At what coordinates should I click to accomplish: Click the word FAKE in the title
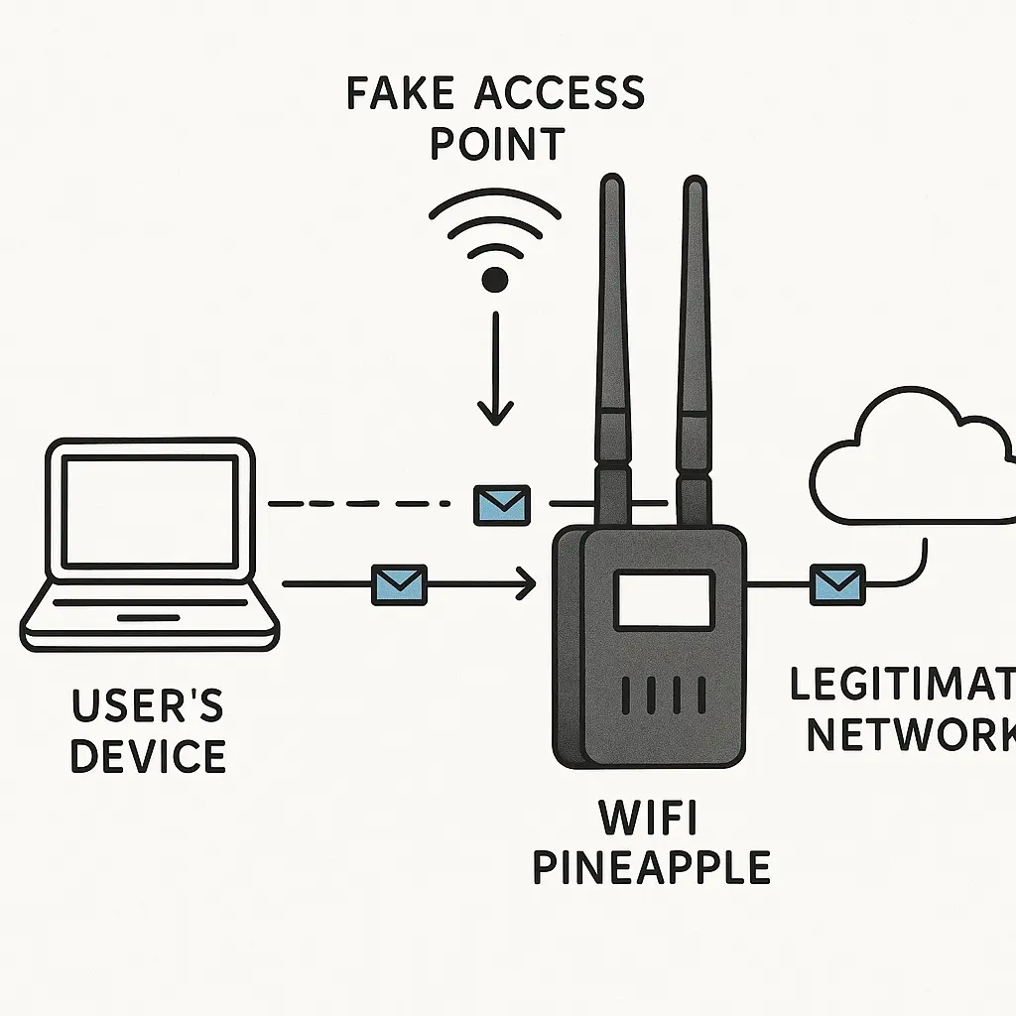click(400, 93)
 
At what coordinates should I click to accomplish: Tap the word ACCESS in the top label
click(560, 93)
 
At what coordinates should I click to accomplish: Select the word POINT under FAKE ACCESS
click(498, 144)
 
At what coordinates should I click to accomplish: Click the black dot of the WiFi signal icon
click(495, 280)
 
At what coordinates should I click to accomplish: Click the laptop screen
click(150, 510)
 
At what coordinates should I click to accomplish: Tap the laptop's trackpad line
click(149, 618)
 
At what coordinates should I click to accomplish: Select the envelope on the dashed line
click(502, 505)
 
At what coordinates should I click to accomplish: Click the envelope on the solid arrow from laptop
click(399, 585)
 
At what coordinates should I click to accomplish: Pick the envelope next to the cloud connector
click(837, 585)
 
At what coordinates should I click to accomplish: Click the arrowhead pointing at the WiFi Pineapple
click(527, 584)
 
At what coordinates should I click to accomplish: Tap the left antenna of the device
click(612, 350)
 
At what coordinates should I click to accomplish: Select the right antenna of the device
click(695, 350)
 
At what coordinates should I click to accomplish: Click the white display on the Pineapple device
click(664, 599)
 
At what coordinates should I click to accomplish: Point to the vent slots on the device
click(664, 696)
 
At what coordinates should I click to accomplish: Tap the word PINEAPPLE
click(652, 867)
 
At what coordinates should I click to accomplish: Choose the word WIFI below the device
click(648, 818)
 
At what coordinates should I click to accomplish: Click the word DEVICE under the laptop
click(149, 755)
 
